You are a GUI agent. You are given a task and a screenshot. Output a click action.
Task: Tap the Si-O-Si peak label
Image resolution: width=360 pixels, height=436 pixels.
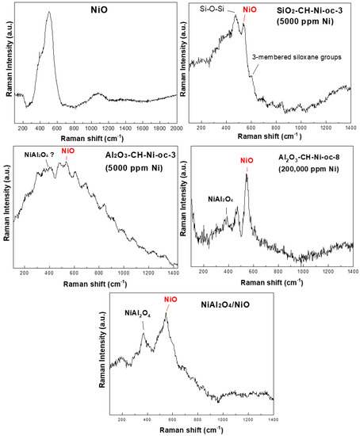(x=215, y=9)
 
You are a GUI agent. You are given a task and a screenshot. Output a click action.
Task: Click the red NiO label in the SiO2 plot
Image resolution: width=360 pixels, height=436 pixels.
(x=250, y=9)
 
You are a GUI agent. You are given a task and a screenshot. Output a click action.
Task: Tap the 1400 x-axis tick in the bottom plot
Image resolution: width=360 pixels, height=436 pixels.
(x=272, y=418)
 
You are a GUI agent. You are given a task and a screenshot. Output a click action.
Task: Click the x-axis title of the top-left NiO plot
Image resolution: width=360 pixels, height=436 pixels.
(x=96, y=139)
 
